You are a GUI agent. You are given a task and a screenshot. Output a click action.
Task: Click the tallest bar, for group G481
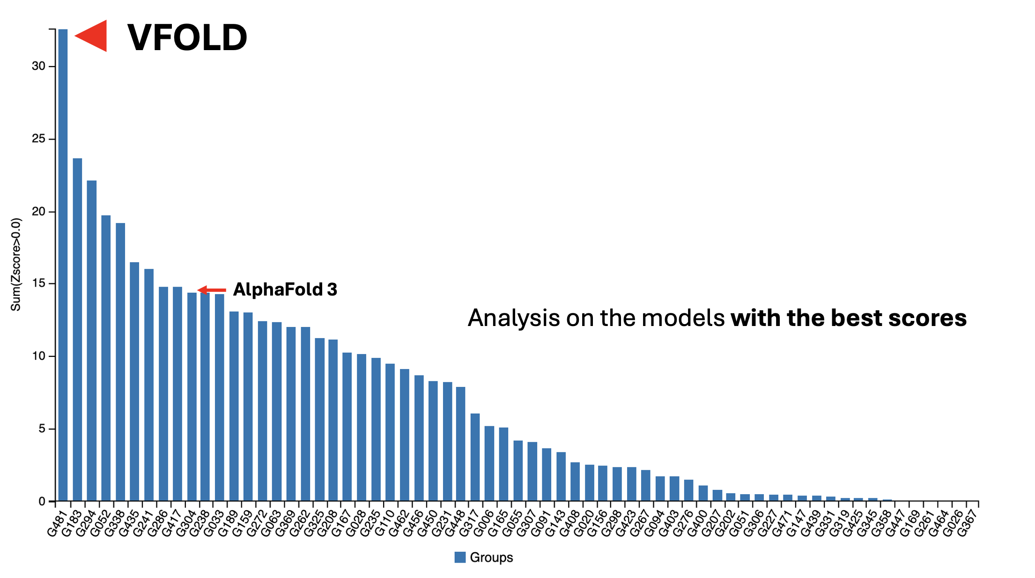point(63,265)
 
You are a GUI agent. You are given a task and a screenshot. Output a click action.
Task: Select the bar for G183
point(77,330)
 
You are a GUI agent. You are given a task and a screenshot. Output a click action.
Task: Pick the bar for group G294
point(92,341)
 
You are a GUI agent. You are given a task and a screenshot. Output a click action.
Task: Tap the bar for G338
point(120,362)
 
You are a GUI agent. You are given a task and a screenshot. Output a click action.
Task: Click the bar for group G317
point(475,457)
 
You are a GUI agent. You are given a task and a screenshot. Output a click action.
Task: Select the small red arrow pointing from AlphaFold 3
point(212,290)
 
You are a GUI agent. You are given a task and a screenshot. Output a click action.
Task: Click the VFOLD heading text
point(187,37)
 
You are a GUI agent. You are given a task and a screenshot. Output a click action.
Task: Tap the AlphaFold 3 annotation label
point(285,289)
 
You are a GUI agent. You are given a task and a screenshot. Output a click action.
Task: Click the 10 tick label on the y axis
point(38,356)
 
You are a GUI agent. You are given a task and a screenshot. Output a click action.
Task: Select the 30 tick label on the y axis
point(38,67)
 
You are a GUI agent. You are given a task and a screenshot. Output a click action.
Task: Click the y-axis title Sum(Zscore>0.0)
point(16,264)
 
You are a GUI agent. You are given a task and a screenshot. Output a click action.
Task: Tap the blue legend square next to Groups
point(460,557)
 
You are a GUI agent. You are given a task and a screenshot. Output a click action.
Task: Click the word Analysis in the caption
point(514,318)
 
